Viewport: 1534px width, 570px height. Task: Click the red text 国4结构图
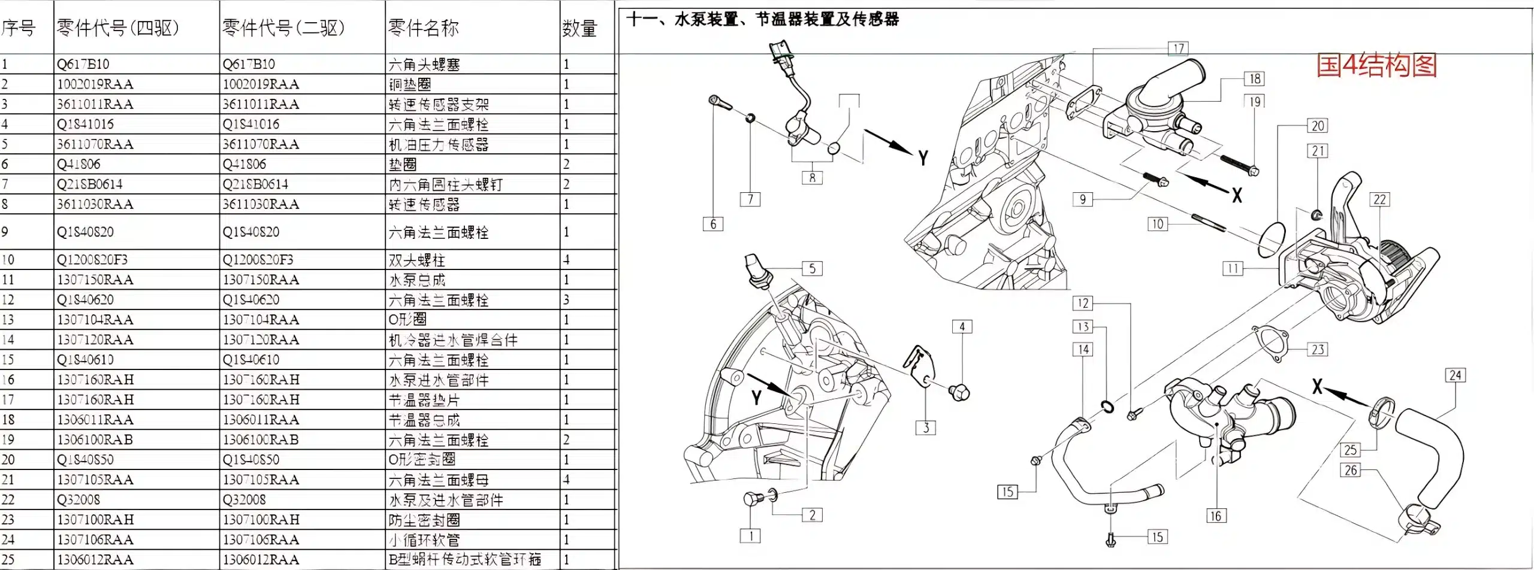(1376, 65)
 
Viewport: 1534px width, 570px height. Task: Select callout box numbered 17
(1178, 48)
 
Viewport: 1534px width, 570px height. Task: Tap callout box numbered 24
(1455, 375)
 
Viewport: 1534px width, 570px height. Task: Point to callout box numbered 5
(812, 268)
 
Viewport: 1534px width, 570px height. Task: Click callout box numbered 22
(1379, 199)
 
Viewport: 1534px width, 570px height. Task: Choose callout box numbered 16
(1215, 516)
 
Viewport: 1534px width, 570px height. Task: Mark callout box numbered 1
(751, 535)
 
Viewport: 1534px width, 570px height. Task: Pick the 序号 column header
(19, 28)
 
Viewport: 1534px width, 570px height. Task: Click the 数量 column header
(579, 28)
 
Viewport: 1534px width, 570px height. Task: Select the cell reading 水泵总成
(417, 280)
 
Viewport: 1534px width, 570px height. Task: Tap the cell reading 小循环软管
(424, 539)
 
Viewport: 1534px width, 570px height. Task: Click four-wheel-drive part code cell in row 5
(95, 144)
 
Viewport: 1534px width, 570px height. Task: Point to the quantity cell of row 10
(567, 259)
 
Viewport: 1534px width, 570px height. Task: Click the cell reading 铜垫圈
(410, 84)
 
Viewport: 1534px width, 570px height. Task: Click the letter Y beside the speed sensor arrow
(923, 158)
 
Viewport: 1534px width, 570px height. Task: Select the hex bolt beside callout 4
(959, 393)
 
